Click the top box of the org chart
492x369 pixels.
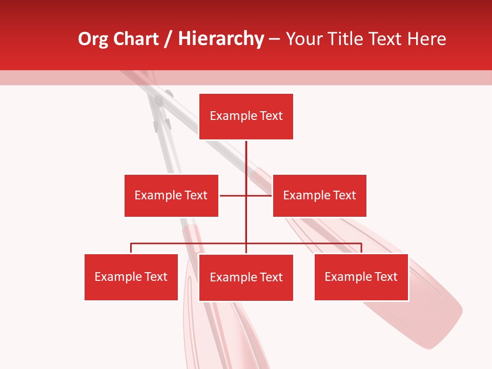246,116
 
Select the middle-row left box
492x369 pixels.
171,195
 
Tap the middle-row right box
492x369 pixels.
319,195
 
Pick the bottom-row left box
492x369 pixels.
131,277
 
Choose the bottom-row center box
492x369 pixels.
246,277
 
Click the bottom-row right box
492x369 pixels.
361,277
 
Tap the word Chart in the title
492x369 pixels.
135,39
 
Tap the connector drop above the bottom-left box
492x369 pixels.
131,248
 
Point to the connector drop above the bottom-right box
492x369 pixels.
361,248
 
